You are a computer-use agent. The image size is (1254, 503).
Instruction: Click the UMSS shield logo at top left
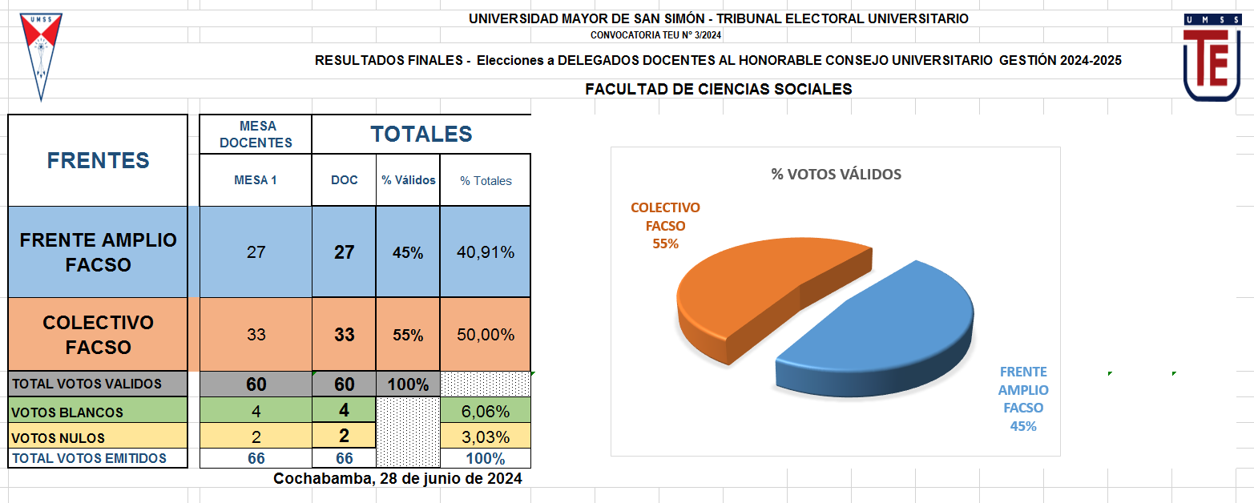click(x=41, y=54)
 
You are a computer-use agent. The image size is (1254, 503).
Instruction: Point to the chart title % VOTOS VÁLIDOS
click(x=836, y=174)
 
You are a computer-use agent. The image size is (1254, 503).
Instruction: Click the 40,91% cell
click(x=486, y=252)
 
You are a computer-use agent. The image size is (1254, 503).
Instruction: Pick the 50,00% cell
click(x=486, y=335)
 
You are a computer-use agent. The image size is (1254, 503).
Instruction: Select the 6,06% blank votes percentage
click(x=486, y=412)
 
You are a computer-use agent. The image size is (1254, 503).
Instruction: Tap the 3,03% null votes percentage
click(x=486, y=437)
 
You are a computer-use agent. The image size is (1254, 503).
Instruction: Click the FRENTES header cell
click(x=98, y=160)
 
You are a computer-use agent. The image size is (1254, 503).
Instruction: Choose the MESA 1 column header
click(x=255, y=180)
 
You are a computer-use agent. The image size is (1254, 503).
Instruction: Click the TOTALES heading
click(x=421, y=135)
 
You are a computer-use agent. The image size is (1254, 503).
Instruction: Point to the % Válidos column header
click(x=408, y=180)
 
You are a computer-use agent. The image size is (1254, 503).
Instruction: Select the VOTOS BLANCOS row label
click(x=67, y=412)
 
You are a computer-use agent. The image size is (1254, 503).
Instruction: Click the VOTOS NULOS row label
click(x=58, y=438)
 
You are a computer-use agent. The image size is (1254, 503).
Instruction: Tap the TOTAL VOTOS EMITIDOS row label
click(x=89, y=458)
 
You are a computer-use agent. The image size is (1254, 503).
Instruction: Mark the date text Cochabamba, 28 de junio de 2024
click(x=397, y=479)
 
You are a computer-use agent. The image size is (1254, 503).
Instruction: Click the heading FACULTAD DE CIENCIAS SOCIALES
click(x=718, y=89)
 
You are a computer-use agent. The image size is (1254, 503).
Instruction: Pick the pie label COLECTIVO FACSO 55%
click(x=665, y=225)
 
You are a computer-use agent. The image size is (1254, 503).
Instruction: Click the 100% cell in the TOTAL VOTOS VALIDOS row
click(x=408, y=384)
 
